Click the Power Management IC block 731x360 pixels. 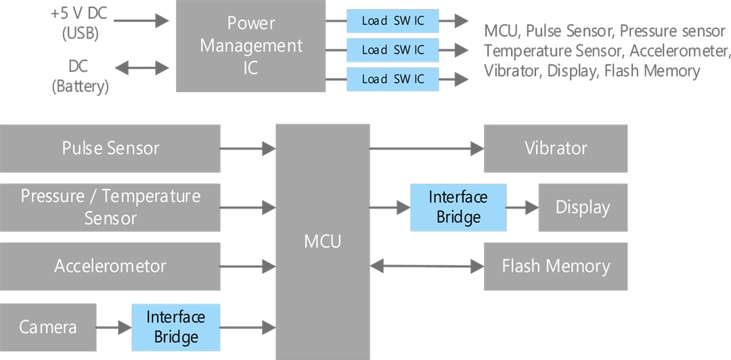250,45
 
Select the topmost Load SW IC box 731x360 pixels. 393,20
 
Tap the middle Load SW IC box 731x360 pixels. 393,49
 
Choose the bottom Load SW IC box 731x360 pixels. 393,78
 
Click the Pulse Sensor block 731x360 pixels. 110,148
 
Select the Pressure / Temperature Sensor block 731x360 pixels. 110,207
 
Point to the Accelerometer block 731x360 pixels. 110,266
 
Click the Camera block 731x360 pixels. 48,328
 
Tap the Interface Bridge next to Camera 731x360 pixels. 176,327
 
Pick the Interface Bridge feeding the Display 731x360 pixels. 458,207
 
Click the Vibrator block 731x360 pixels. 556,148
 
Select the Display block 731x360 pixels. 583,207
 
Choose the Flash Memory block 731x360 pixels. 556,266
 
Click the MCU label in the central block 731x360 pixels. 323,241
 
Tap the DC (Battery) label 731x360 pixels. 79,76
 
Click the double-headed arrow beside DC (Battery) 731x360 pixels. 141,68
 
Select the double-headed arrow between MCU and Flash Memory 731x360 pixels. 426,266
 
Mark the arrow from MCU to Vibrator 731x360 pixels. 426,148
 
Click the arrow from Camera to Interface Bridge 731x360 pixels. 114,328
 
